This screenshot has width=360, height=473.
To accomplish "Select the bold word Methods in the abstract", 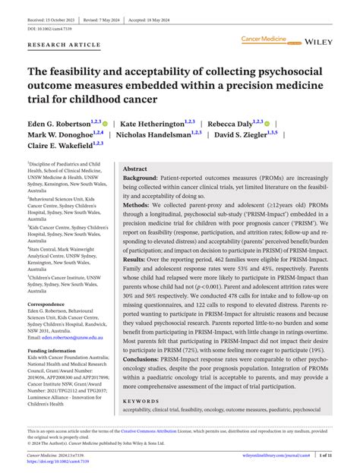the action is pyautogui.click(x=137, y=205).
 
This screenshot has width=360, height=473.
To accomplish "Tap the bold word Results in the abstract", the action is pyautogui.click(x=136, y=258).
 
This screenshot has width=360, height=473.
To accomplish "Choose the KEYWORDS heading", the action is pyautogui.click(x=141, y=400).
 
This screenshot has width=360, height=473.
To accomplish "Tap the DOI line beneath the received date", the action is pyautogui.click(x=49, y=17).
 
